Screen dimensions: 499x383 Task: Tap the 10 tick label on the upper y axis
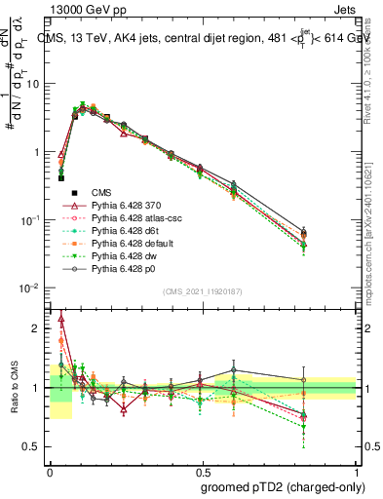33,83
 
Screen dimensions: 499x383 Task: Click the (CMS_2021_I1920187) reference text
203,291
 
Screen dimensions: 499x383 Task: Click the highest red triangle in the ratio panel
61,318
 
